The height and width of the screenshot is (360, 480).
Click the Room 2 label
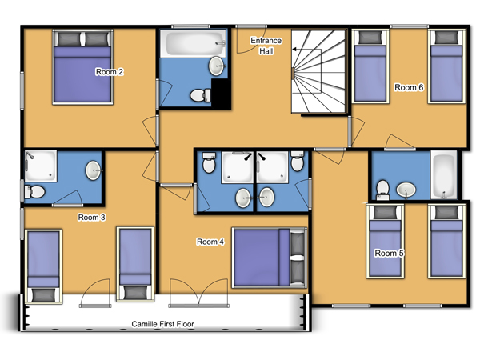coord(110,72)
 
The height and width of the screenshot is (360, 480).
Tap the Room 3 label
coord(91,218)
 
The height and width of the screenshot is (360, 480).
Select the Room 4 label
coord(210,242)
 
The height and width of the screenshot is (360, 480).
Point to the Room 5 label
coord(389,254)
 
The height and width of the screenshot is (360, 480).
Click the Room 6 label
coord(409,87)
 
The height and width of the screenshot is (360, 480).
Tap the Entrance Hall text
coord(266,46)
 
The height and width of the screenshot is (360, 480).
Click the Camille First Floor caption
coord(163,324)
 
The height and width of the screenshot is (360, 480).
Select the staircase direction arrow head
coord(294,49)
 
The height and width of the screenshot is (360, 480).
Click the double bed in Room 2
coord(82,67)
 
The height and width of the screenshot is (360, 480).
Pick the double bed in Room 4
coord(270,258)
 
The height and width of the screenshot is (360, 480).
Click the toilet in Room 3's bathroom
coord(34,192)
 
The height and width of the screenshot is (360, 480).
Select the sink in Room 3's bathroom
coord(93,170)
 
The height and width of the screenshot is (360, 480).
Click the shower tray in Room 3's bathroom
coord(41,166)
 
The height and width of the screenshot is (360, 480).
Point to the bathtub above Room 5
coord(444,175)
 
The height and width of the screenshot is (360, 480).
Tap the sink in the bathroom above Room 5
coord(406,190)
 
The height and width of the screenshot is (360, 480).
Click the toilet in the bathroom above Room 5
coord(382,190)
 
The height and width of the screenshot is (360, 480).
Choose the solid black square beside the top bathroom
coord(221,94)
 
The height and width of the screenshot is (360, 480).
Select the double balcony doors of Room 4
coord(198,293)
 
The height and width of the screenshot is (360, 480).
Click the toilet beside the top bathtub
coord(201,95)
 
